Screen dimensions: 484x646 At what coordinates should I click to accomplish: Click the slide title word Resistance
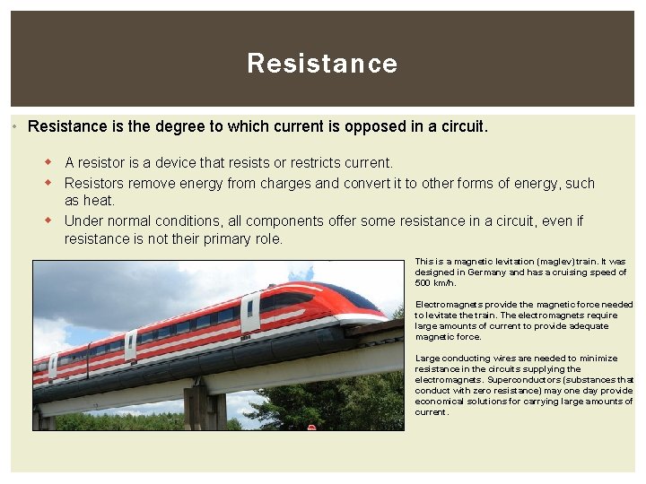[x=322, y=64]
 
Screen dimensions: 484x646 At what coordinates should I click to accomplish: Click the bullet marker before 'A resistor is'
[x=50, y=162]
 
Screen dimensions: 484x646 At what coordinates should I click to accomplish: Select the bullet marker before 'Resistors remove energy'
[x=50, y=183]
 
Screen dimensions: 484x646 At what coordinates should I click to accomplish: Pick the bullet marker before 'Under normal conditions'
[x=50, y=220]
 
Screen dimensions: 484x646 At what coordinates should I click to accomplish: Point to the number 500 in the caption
[x=423, y=283]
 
